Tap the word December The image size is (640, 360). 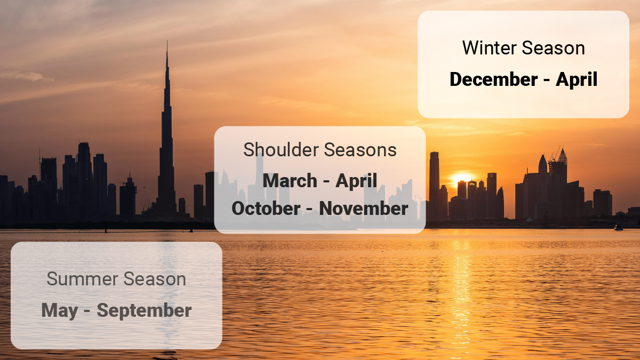[x=494, y=79]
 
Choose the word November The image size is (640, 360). [x=364, y=209]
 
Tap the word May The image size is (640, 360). [x=59, y=310]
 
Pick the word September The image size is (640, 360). [x=144, y=310]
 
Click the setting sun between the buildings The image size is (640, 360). [x=462, y=178]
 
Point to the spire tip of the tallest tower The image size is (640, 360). [x=167, y=44]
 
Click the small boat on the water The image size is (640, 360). [x=618, y=227]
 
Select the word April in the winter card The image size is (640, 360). [x=577, y=79]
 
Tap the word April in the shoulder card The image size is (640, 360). [x=356, y=181]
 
